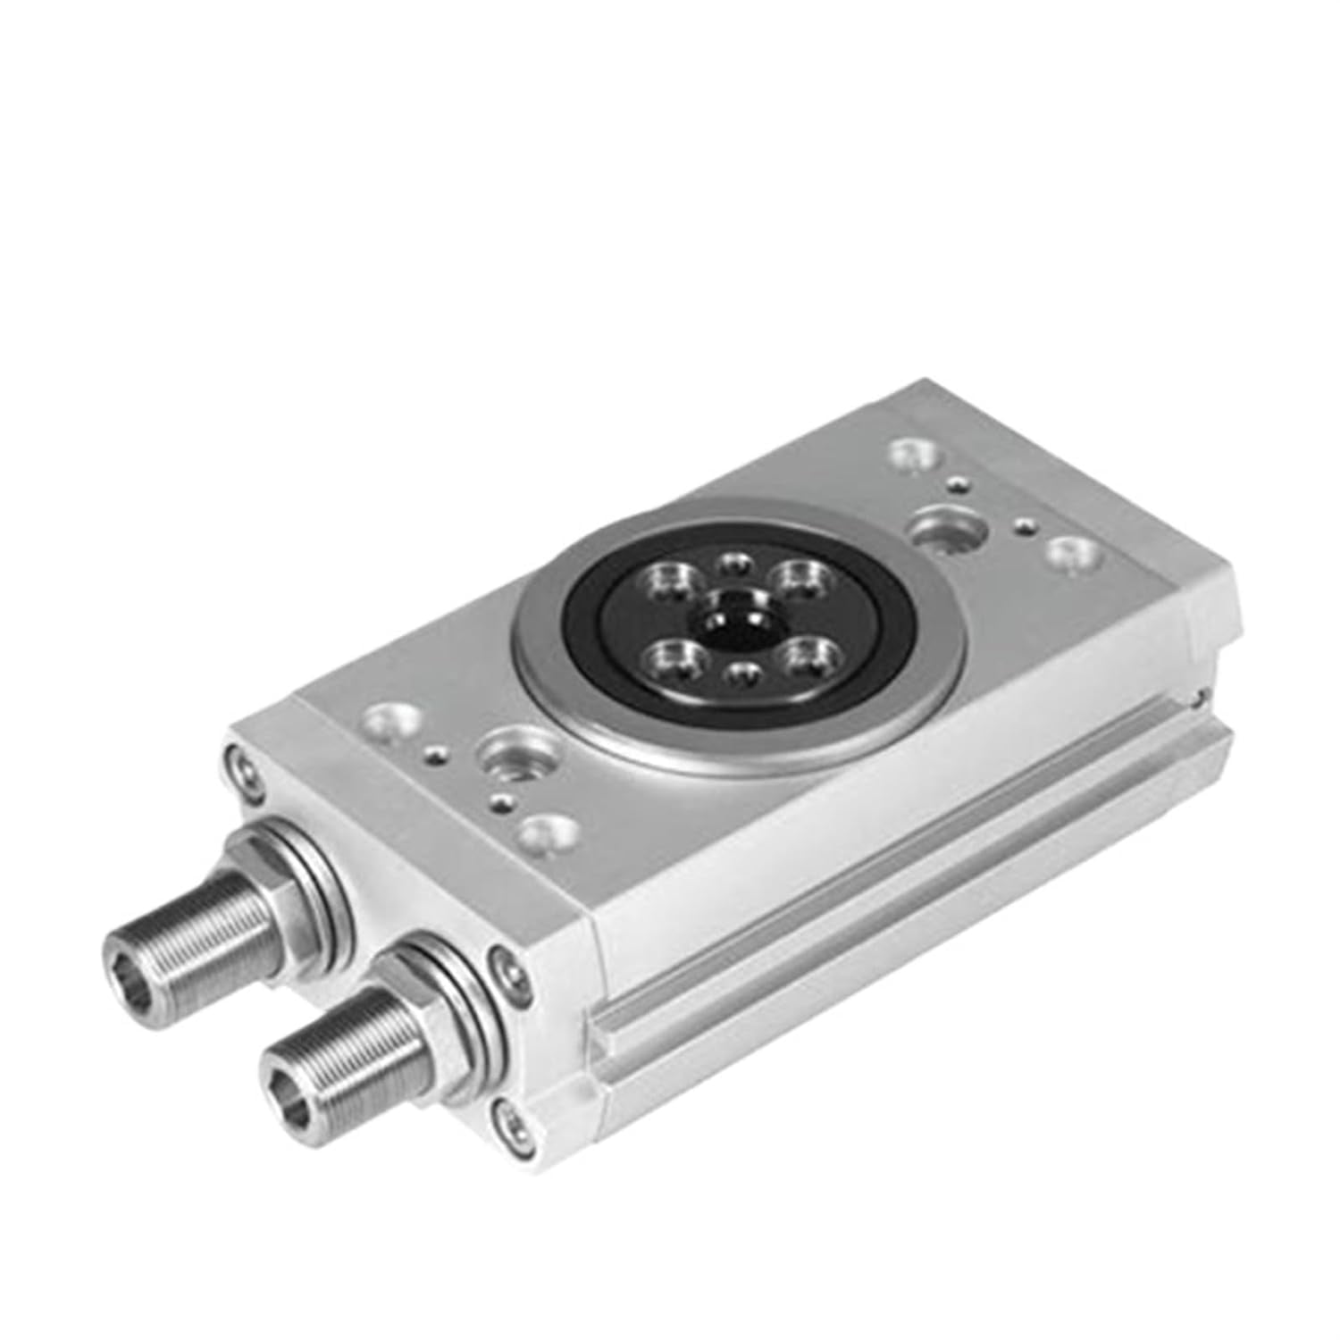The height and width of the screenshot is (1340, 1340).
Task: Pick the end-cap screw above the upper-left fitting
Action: (240, 762)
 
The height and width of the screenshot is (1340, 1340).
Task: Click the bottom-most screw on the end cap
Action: (509, 1115)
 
